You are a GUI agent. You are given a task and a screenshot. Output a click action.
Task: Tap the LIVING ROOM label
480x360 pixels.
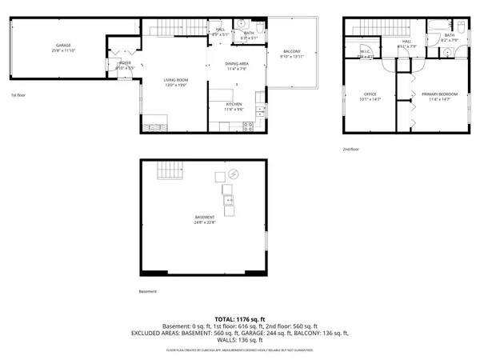pyautogui.click(x=154, y=81)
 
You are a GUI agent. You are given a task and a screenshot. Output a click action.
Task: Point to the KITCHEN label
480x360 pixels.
pyautogui.click(x=234, y=105)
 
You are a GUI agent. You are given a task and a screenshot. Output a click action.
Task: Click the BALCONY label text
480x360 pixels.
pyautogui.click(x=291, y=52)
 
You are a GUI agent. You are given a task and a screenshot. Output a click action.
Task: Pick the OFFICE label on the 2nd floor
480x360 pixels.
pyautogui.click(x=370, y=94)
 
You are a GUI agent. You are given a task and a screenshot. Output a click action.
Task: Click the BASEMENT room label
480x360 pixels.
pyautogui.click(x=204, y=218)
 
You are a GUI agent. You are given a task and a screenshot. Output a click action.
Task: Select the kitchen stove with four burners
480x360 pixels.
pyautogui.click(x=248, y=126)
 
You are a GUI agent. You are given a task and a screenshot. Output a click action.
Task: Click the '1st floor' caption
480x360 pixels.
pyautogui.click(x=19, y=95)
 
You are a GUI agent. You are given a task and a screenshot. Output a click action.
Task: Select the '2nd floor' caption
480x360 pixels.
pyautogui.click(x=350, y=149)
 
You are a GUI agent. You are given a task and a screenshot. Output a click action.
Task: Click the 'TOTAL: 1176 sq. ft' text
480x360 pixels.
pyautogui.click(x=240, y=318)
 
